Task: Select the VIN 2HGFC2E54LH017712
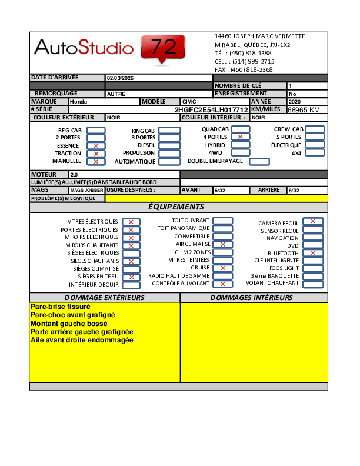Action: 211,110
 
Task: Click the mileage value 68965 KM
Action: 304,110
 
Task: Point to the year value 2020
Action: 295,102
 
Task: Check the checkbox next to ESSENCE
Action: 96,145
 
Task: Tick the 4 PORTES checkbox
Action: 241,137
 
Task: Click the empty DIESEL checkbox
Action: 169,145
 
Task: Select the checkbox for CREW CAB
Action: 315,129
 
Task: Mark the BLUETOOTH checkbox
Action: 313,253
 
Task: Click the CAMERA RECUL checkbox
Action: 313,221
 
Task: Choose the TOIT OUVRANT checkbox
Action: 222,221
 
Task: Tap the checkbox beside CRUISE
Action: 222,268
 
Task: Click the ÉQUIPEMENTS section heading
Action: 176,207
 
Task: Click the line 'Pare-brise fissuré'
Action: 60,307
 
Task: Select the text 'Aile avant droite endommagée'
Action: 82,340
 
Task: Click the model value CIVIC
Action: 190,102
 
